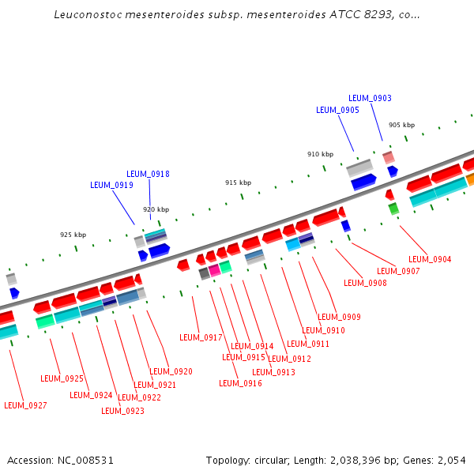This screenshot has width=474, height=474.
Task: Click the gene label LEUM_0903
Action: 370,98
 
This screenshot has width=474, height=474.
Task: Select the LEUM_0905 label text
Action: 337,111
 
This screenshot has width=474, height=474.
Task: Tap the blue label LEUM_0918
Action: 148,174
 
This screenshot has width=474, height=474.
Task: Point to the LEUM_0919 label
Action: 111,185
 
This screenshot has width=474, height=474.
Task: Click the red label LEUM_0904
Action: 430,259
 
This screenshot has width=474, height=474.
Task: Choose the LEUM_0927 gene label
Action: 25,405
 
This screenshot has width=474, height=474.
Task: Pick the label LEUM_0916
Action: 240,383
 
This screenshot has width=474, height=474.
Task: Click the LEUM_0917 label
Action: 201,337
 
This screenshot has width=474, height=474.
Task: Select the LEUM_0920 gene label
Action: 171,371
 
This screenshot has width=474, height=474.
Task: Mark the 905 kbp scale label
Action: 401,125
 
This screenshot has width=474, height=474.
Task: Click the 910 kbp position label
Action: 320,154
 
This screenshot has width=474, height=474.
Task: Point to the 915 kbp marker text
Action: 238,182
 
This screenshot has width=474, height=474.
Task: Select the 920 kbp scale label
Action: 156,209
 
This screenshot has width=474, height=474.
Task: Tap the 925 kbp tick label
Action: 73,235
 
